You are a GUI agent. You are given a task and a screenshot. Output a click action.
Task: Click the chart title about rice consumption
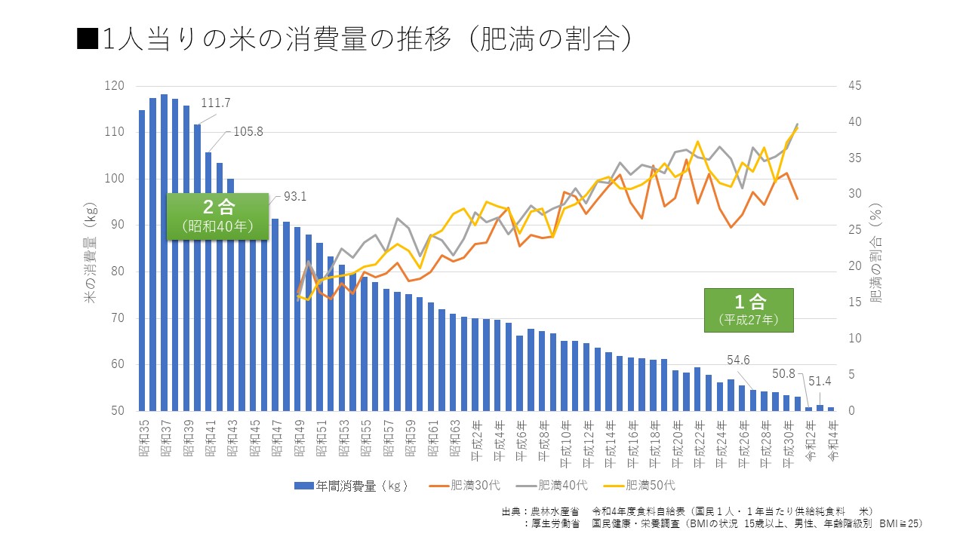(355, 40)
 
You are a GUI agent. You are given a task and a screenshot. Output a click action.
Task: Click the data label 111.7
(216, 103)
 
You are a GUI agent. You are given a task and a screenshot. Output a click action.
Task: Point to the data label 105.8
(248, 131)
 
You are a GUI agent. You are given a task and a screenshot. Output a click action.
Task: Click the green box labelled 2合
(217, 216)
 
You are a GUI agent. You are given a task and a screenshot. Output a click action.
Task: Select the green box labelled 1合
(748, 310)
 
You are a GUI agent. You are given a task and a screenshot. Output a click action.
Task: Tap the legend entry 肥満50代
(649, 486)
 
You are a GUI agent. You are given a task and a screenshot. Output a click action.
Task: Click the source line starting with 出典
(687, 511)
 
